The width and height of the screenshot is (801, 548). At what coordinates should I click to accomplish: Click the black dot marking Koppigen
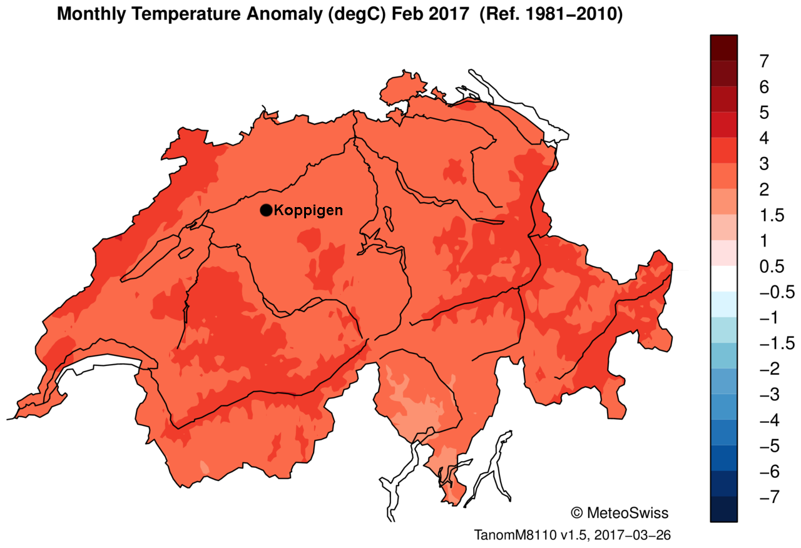pyautogui.click(x=266, y=210)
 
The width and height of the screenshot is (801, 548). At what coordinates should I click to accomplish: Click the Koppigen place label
pyautogui.click(x=309, y=210)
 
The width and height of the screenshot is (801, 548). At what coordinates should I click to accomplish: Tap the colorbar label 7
pyautogui.click(x=763, y=61)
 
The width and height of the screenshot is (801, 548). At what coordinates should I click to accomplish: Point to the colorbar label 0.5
pyautogui.click(x=772, y=267)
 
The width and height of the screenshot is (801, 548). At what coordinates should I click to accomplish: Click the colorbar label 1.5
pyautogui.click(x=772, y=216)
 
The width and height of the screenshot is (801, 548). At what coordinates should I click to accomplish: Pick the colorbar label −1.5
pyautogui.click(x=776, y=343)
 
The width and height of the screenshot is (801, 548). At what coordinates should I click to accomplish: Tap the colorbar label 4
pyautogui.click(x=763, y=138)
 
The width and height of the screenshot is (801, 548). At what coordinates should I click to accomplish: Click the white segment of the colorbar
pyautogui.click(x=724, y=279)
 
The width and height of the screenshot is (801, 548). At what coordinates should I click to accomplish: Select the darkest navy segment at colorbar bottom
pyautogui.click(x=724, y=509)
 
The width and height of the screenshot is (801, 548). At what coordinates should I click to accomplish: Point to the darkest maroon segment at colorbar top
pyautogui.click(x=724, y=47)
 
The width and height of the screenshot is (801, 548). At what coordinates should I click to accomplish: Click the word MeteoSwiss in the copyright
pyautogui.click(x=628, y=514)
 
